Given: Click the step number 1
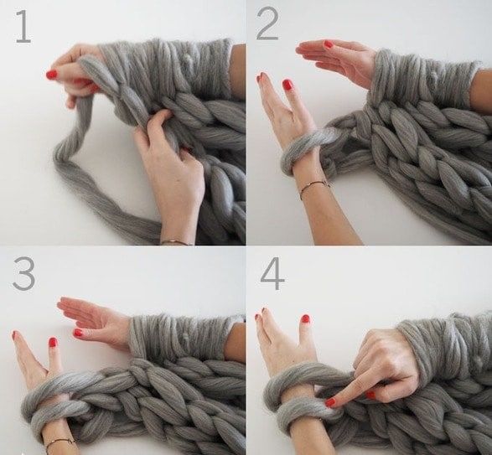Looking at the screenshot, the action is coord(23,26).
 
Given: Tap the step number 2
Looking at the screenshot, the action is coord(267,25).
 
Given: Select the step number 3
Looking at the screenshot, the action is coord(23,275).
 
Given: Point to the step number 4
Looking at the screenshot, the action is coord(272,275).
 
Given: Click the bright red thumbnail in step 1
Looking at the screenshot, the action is coord(52,75).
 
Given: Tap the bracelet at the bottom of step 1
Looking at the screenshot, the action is coord(178,242).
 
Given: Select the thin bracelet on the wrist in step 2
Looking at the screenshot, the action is coord(314,189).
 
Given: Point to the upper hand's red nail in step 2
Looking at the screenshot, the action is coord(329,44).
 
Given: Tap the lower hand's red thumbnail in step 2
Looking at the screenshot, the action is coord(287,85).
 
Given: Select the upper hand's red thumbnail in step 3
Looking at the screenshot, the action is coord(77,333).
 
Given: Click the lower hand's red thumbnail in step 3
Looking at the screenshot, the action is coord(54,343).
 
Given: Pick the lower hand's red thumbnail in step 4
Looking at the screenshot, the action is coord(305,319).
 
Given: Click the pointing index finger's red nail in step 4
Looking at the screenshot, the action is coord(330,402).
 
